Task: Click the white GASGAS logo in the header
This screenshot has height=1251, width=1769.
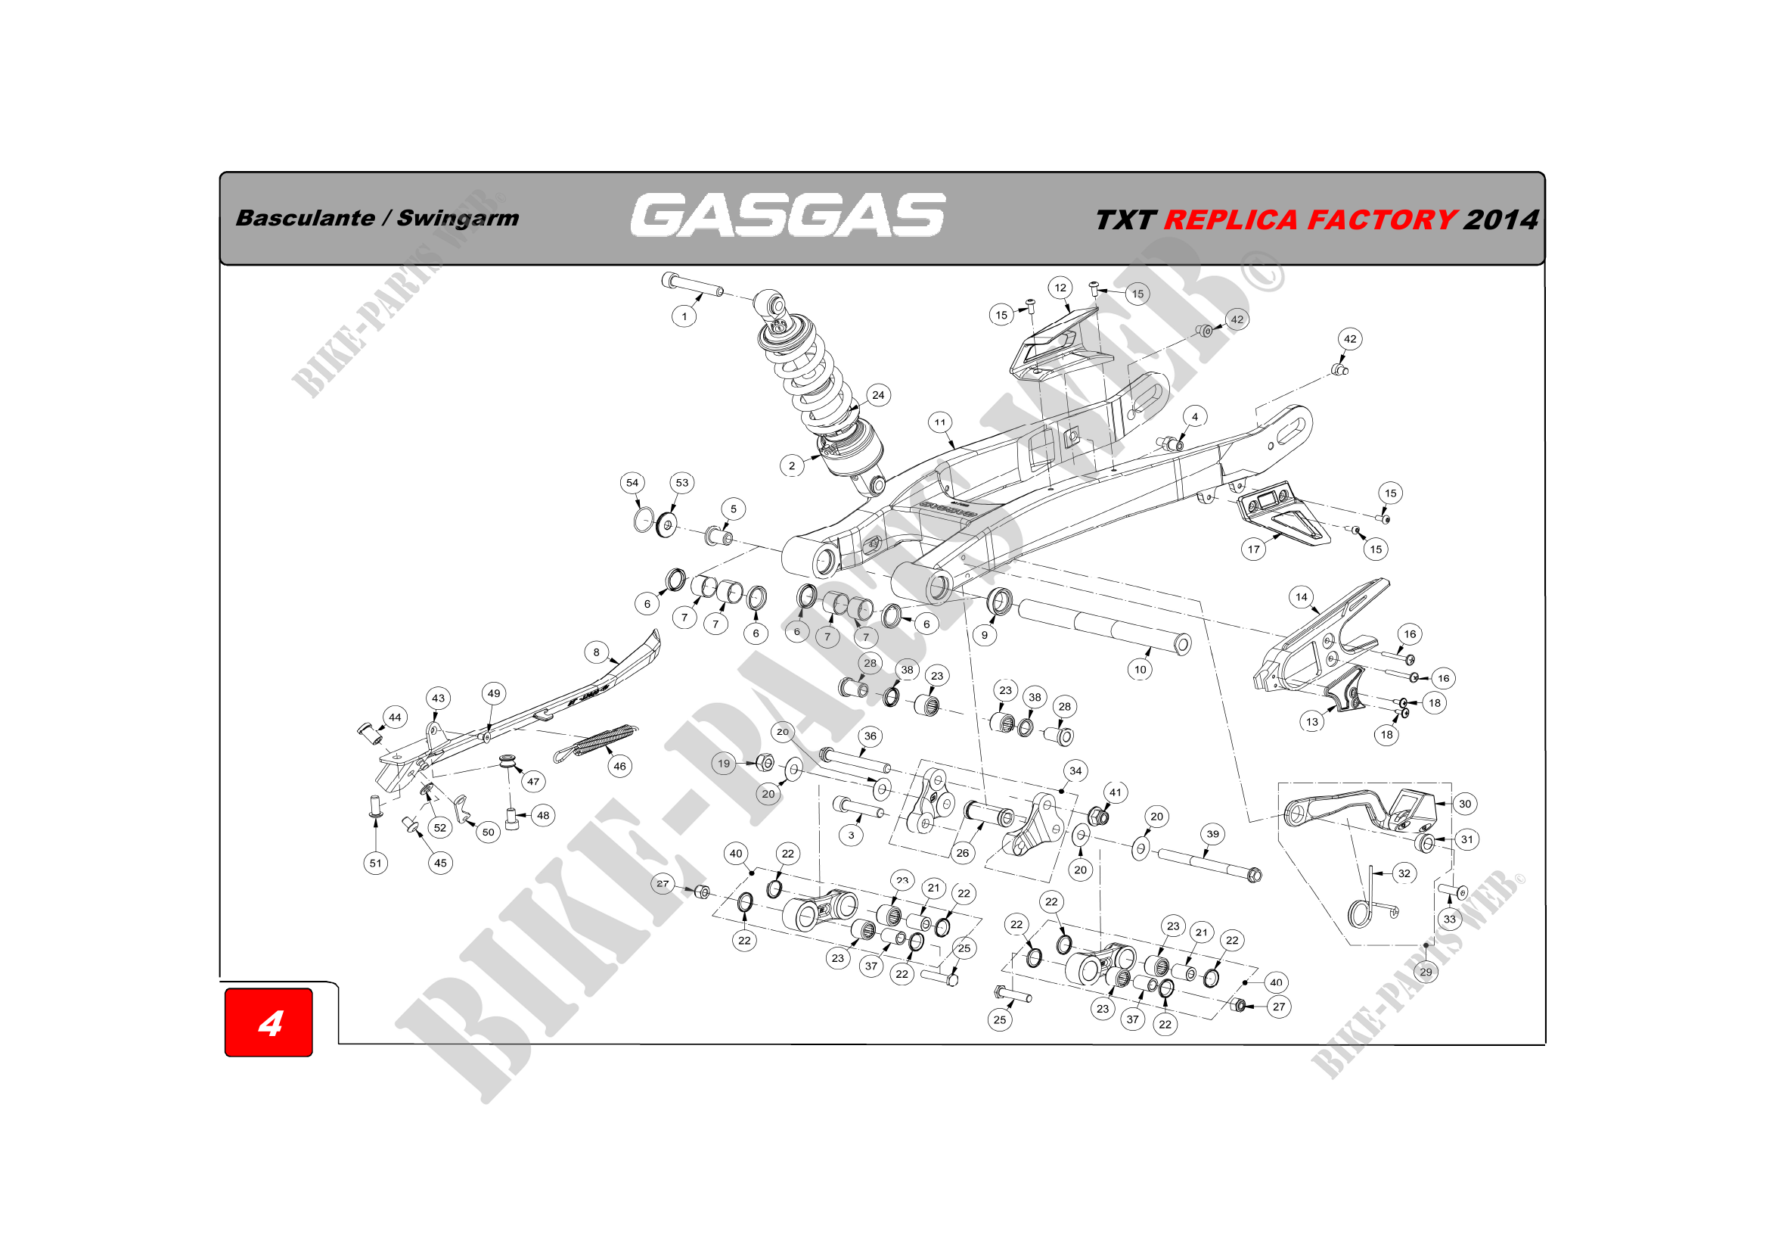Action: point(787,215)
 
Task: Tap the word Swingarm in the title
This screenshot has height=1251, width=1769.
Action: point(458,219)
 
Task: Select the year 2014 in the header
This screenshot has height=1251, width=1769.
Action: point(1500,220)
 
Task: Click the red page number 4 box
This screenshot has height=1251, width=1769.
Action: point(268,1022)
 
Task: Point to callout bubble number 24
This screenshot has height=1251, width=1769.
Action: point(878,395)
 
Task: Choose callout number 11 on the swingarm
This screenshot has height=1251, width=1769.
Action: point(940,422)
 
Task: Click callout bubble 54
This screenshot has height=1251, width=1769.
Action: point(632,484)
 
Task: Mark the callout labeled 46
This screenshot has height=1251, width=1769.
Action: point(619,766)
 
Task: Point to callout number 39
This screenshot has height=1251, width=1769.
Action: point(1212,834)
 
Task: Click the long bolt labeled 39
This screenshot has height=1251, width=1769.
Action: point(1209,864)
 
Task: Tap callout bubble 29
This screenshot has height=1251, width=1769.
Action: point(1426,972)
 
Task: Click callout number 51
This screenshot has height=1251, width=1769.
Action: point(375,864)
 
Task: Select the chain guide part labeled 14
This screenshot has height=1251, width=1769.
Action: point(1319,638)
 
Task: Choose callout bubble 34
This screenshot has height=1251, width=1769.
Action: point(1075,770)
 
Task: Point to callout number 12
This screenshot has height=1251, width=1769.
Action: point(1060,288)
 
